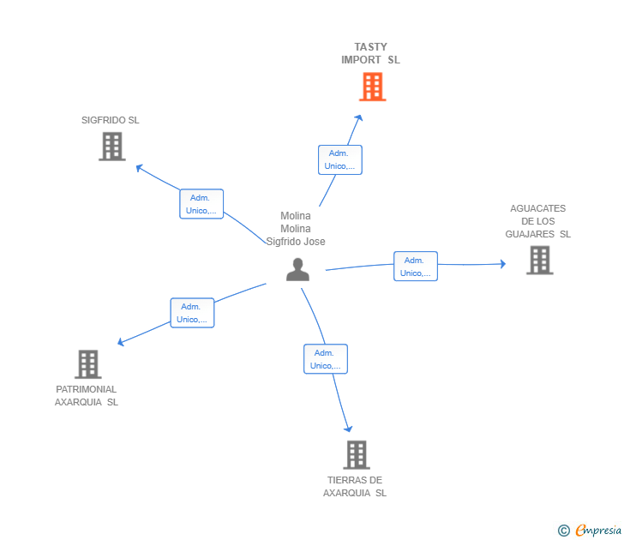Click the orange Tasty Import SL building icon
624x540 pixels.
tap(372, 87)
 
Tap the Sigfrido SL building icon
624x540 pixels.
tap(112, 147)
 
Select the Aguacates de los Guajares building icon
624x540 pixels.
tap(539, 260)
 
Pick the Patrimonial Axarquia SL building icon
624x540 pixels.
tap(87, 364)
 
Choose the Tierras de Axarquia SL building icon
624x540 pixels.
tap(357, 454)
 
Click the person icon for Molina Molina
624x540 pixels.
tap(297, 269)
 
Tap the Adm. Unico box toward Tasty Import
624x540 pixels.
tap(340, 159)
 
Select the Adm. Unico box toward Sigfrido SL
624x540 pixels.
tap(201, 204)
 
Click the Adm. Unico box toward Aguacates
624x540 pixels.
tap(416, 267)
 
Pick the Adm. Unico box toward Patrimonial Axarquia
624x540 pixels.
tap(192, 313)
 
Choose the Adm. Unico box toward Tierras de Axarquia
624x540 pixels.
tap(326, 359)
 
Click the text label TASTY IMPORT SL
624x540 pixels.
tap(370, 53)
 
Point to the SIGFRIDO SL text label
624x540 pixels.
tap(111, 120)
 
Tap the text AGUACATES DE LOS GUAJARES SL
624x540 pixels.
tap(537, 221)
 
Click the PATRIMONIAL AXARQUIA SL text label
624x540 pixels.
tap(87, 395)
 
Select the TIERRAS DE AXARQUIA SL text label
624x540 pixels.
tap(355, 486)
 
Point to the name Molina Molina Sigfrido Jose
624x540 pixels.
tap(296, 229)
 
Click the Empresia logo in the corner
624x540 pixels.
tap(598, 530)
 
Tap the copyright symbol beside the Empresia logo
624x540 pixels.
tap(564, 531)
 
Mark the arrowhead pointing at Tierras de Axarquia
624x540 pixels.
tap(348, 428)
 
